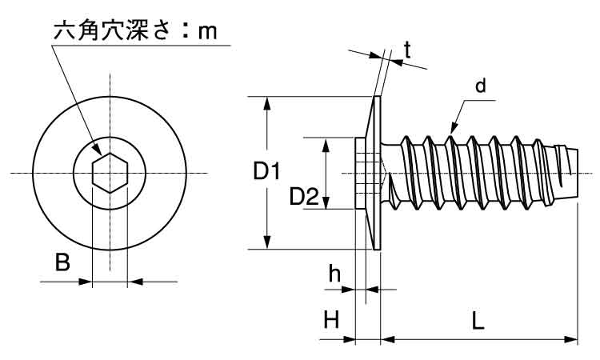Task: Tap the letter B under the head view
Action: click(x=62, y=262)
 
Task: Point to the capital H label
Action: click(x=332, y=320)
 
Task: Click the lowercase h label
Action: click(x=335, y=274)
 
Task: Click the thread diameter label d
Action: click(x=481, y=86)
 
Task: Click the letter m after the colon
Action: click(x=208, y=33)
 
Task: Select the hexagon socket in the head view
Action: click(x=110, y=172)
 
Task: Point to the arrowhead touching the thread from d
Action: click(x=454, y=127)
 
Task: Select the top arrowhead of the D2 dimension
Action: click(x=326, y=142)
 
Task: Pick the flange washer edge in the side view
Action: click(x=378, y=172)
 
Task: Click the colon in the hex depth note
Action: click(x=185, y=33)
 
